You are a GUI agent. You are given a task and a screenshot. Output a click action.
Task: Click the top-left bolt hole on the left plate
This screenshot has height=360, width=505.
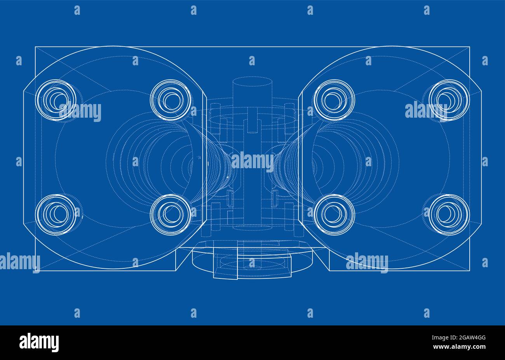click(x=56, y=100)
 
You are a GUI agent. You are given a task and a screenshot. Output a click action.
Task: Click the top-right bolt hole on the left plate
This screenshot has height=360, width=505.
click(x=170, y=100)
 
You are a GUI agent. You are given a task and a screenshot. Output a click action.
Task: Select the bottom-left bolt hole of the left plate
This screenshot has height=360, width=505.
click(x=56, y=214)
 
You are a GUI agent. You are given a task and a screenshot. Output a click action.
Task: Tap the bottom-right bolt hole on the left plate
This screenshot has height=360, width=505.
click(x=170, y=214)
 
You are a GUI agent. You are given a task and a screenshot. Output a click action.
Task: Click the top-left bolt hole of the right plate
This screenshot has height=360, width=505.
click(x=334, y=100)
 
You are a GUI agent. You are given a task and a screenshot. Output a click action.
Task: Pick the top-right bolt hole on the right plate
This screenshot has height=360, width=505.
click(x=449, y=100)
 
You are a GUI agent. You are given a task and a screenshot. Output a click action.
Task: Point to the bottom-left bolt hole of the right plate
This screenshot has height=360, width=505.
click(x=334, y=214)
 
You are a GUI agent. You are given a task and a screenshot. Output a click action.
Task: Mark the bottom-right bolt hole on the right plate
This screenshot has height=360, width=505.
click(x=449, y=214)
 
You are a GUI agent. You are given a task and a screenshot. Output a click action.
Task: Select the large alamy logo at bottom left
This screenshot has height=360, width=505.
click(x=39, y=342)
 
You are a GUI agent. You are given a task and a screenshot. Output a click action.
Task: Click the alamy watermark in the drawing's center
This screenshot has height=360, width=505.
click(x=252, y=161)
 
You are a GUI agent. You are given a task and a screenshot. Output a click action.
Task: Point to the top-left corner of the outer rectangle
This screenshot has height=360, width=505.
click(x=35, y=47)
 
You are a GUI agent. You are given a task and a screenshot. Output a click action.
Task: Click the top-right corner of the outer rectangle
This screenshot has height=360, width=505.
click(x=470, y=47)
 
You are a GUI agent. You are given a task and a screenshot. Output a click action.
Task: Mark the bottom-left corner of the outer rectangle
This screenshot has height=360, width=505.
click(x=35, y=271)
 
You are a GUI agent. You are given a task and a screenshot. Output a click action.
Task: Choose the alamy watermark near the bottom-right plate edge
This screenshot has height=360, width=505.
click(x=367, y=262)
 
